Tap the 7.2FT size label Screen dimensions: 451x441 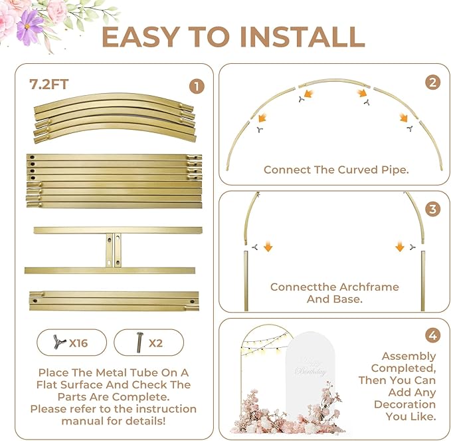click(48, 84)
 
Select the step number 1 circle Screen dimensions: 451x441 click(197, 86)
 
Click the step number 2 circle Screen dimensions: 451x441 click(432, 82)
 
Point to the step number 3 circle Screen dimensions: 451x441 click(432, 209)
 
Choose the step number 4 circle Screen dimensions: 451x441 click(432, 336)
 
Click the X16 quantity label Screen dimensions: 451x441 click(78, 343)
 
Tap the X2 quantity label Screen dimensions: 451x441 click(155, 343)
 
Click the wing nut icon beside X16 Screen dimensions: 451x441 click(59, 342)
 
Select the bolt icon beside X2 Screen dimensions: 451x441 click(139, 342)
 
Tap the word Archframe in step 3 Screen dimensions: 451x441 click(366, 287)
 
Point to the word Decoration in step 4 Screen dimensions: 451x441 click(405, 404)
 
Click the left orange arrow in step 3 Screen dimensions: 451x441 click(268, 247)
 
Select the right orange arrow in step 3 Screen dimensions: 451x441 click(400, 247)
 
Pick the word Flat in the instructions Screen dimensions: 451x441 click(47, 384)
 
